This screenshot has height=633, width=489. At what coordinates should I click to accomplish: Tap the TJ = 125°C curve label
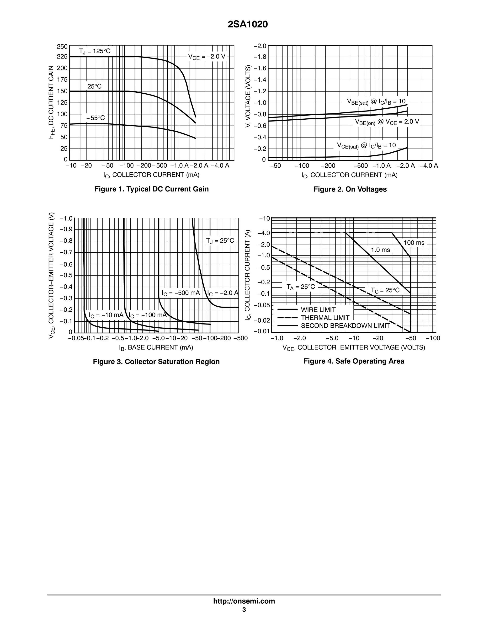coord(95,51)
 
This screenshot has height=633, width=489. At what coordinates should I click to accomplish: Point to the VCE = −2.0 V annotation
coord(207,57)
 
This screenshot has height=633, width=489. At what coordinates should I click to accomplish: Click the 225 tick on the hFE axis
coord(62,57)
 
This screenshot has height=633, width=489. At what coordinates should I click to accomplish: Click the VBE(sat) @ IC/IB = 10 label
coord(376,102)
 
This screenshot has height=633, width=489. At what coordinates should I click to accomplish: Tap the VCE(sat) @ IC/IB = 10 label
coord(366,145)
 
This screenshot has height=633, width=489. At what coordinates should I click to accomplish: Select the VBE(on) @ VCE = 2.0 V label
coord(387,122)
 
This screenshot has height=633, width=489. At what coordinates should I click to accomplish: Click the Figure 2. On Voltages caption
coord(350,189)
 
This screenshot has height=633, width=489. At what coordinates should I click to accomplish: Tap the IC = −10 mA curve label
coord(106,315)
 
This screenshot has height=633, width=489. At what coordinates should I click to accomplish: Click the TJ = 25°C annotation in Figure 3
coord(220,241)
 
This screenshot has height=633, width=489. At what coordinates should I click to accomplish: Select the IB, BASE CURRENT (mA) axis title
coord(156,347)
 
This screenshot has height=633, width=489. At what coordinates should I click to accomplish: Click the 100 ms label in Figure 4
coord(414,243)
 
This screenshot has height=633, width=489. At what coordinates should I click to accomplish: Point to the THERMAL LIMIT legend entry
coord(325,318)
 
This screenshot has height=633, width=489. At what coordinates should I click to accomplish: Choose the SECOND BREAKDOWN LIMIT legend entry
coord(345,326)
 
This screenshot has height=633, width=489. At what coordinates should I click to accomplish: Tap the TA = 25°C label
coord(301,287)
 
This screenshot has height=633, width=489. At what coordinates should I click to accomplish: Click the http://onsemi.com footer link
coord(244,601)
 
